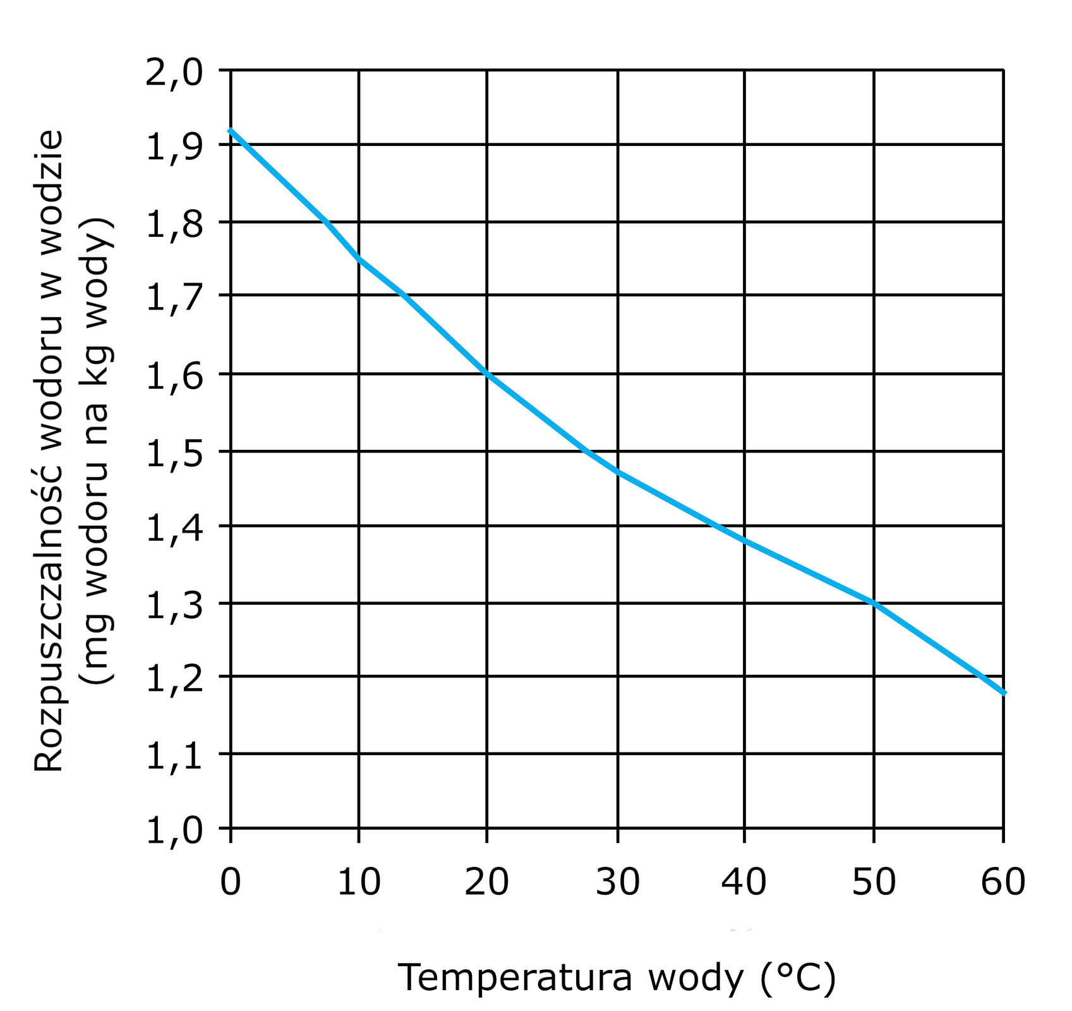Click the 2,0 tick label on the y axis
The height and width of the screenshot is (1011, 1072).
(x=174, y=73)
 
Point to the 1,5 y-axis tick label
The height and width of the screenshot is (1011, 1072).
(x=174, y=453)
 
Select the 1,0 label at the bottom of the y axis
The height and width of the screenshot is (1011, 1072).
(x=174, y=832)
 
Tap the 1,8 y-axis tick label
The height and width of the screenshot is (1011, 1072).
(x=174, y=225)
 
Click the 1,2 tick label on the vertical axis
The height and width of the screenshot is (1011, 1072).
(x=174, y=679)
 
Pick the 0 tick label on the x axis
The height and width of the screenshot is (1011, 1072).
(x=231, y=882)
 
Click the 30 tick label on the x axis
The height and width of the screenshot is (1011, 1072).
(x=617, y=882)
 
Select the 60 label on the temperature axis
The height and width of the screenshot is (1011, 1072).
(x=1003, y=882)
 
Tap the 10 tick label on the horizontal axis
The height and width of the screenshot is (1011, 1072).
(x=359, y=882)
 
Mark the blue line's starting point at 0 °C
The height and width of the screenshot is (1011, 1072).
(x=231, y=130)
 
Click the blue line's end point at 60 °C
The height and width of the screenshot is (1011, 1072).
(x=1003, y=693)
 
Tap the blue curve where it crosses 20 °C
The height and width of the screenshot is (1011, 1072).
(x=487, y=374)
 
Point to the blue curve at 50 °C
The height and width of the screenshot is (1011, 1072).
(x=874, y=603)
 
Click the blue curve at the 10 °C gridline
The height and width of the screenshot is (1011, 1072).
(x=359, y=258)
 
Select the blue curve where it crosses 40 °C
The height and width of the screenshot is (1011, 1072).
(x=745, y=540)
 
